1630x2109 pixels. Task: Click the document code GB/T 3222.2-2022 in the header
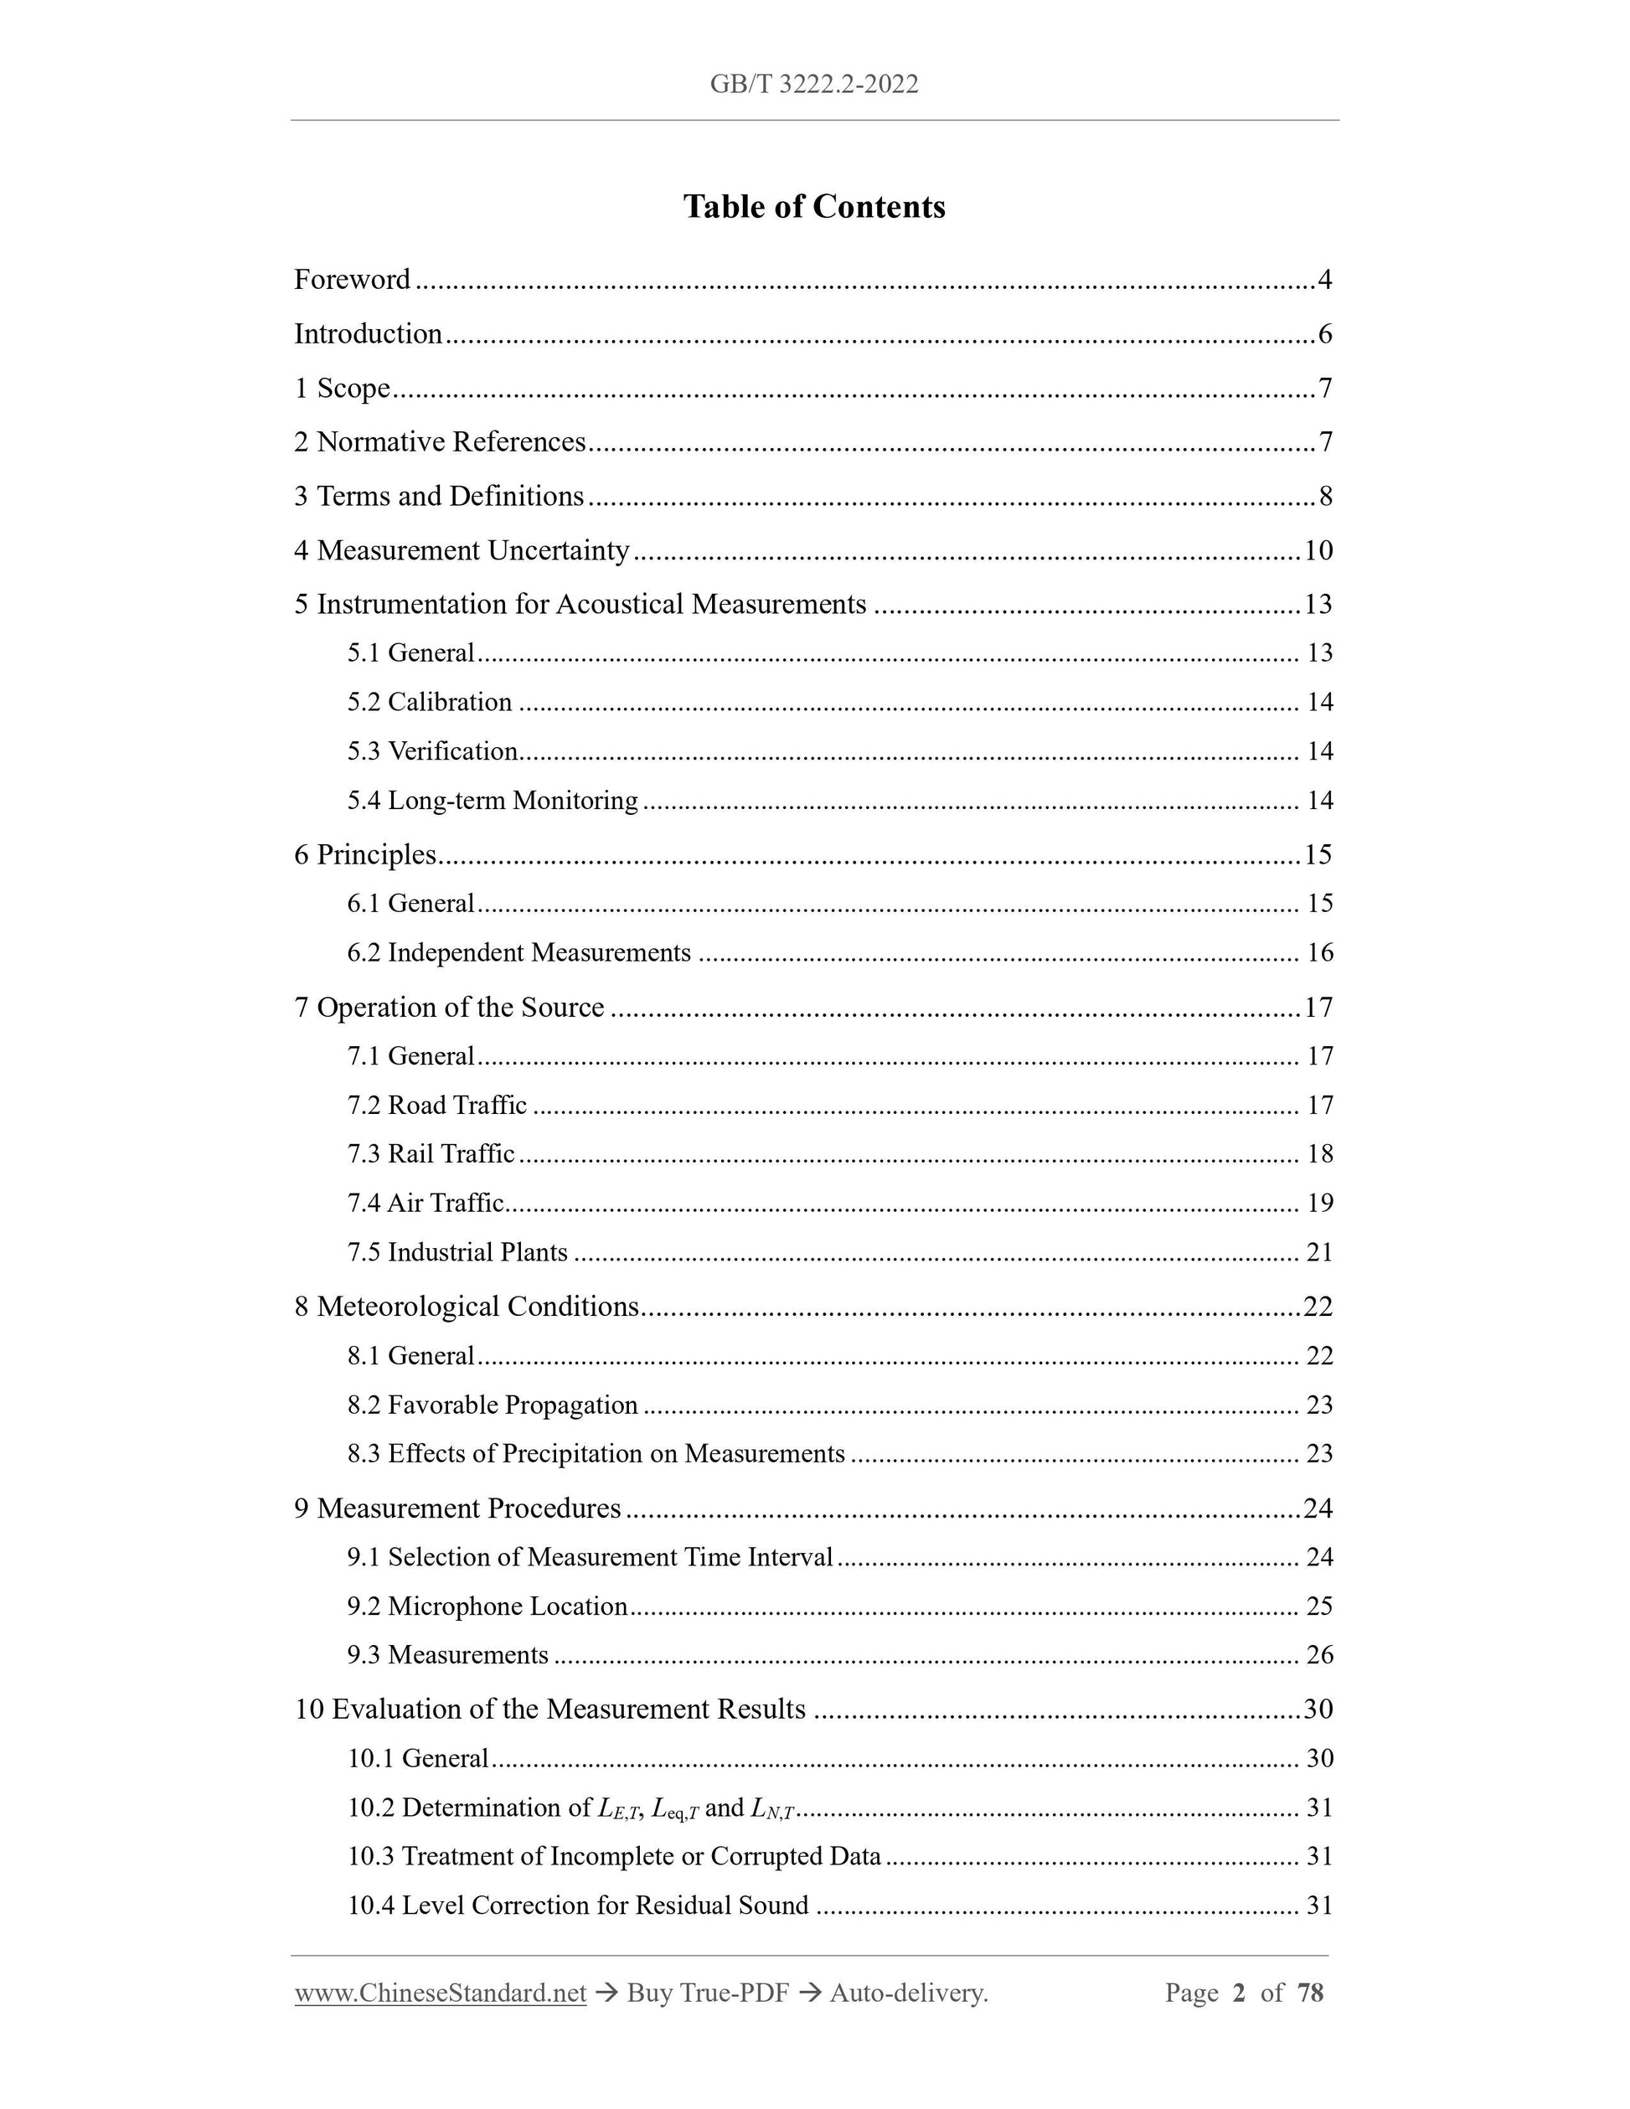[x=814, y=85]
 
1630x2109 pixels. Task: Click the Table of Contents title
[x=814, y=207]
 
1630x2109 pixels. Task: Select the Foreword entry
[x=353, y=280]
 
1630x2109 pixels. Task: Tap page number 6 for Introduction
[x=1324, y=334]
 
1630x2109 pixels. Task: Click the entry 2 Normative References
[x=441, y=442]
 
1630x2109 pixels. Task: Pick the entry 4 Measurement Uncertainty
[x=462, y=550]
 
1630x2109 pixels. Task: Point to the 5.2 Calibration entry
[x=430, y=702]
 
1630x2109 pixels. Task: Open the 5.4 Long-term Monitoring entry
[x=493, y=801]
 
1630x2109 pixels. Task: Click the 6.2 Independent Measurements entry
[x=519, y=953]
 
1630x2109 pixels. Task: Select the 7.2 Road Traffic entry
[x=437, y=1106]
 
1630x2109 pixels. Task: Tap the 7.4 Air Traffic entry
[x=426, y=1204]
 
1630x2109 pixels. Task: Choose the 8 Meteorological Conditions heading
[x=467, y=1307]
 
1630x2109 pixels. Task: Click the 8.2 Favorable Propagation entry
[x=493, y=1405]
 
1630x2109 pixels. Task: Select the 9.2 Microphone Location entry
[x=487, y=1606]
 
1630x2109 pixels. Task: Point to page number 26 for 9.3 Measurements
[x=1319, y=1655]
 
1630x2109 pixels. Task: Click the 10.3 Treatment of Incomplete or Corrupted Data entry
[x=614, y=1857]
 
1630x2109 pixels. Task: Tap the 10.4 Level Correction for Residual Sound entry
[x=577, y=1906]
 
